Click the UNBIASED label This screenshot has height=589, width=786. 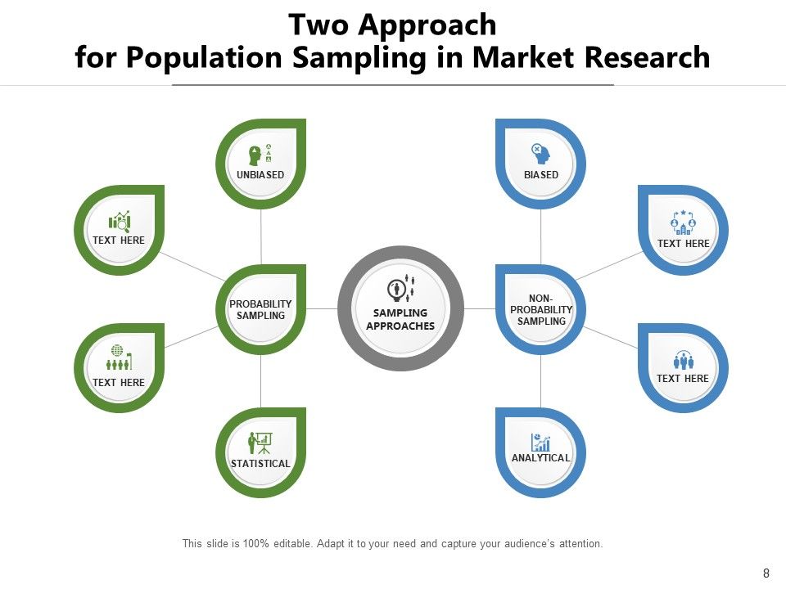[260, 175]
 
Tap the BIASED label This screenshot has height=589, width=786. [541, 175]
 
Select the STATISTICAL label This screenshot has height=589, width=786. [260, 464]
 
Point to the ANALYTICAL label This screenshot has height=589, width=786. [541, 458]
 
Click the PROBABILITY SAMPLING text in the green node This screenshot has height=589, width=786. [260, 310]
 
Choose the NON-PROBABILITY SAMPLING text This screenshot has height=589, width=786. [541, 310]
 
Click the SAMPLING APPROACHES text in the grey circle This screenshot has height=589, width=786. [400, 320]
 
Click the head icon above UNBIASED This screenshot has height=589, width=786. [255, 154]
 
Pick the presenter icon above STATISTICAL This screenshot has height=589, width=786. [260, 443]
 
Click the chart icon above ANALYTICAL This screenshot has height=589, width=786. [540, 442]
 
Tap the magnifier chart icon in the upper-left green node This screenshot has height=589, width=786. [120, 221]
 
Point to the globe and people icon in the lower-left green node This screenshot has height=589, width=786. [120, 358]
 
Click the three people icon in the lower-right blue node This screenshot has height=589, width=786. [683, 359]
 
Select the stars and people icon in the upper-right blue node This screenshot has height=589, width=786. [683, 223]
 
